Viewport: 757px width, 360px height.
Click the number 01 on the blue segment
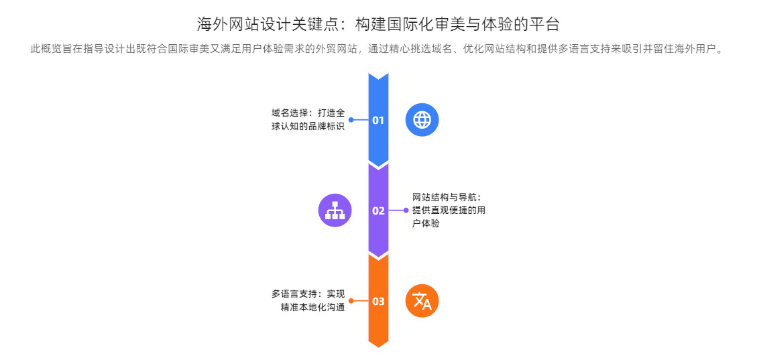point(378,121)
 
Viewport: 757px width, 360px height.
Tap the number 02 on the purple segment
point(378,211)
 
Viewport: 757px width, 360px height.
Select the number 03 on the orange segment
point(378,301)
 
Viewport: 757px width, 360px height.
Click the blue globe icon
point(422,120)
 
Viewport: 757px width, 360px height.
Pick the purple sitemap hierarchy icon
point(335,211)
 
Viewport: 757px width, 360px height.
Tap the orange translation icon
point(422,301)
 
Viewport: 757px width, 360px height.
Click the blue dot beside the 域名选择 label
point(351,120)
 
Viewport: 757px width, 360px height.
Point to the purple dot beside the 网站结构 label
point(406,211)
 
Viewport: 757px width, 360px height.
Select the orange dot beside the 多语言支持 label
point(351,301)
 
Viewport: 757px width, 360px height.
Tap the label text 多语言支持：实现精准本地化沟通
point(308,300)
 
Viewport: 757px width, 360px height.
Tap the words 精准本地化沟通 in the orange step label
point(312,308)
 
